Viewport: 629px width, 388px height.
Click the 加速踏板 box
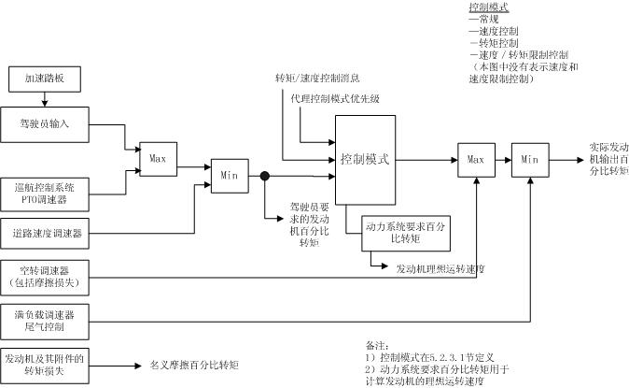pyautogui.click(x=45, y=79)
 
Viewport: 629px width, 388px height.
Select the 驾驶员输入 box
pyautogui.click(x=45, y=122)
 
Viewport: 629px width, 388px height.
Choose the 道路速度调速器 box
pyautogui.click(x=45, y=232)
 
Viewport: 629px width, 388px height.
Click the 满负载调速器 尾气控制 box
pyautogui.click(x=45, y=321)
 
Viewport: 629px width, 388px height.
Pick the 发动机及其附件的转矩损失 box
pyautogui.click(x=45, y=365)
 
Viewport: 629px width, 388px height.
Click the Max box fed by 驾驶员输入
pyautogui.click(x=157, y=159)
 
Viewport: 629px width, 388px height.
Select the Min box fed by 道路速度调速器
pyautogui.click(x=230, y=175)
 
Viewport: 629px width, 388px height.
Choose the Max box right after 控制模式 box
pyautogui.click(x=476, y=159)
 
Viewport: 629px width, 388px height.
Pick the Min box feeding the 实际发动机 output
pyautogui.click(x=531, y=159)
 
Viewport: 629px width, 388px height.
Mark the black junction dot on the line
pyautogui.click(x=265, y=176)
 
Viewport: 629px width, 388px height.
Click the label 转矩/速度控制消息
pyautogui.click(x=317, y=78)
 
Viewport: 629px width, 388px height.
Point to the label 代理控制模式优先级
pyautogui.click(x=335, y=98)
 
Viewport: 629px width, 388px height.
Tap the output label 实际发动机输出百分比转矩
pyautogui.click(x=608, y=159)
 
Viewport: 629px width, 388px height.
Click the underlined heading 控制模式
pyautogui.click(x=488, y=7)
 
